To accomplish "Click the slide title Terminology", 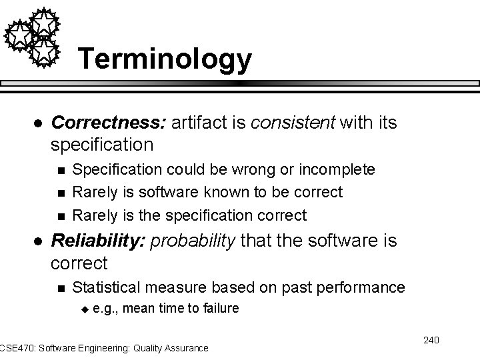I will (x=165, y=59).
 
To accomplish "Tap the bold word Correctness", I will (x=109, y=123).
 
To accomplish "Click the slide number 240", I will (x=431, y=341).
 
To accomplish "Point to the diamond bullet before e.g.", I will (x=84, y=309).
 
